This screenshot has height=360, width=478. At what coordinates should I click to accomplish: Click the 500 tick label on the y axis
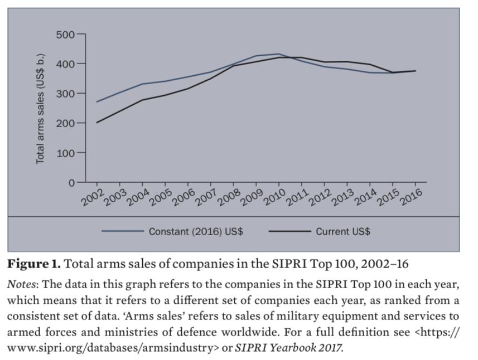pos(65,35)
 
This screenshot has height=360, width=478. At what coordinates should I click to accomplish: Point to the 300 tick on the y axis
pos(65,94)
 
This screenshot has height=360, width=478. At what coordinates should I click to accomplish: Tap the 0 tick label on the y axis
pos(71,182)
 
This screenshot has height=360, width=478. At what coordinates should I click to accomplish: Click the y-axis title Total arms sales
pos(40,109)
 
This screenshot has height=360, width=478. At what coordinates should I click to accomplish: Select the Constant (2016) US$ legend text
pos(195,231)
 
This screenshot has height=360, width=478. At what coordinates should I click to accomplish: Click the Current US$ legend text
pos(342,231)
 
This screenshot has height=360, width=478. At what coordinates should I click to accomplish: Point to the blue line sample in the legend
pos(122,231)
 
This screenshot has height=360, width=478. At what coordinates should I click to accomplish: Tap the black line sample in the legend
pos(289,231)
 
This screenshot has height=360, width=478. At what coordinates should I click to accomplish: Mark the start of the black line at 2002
pos(97,123)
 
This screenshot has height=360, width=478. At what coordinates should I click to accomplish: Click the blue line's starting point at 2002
pos(97,101)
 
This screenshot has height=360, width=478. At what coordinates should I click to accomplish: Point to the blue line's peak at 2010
pos(278,54)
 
